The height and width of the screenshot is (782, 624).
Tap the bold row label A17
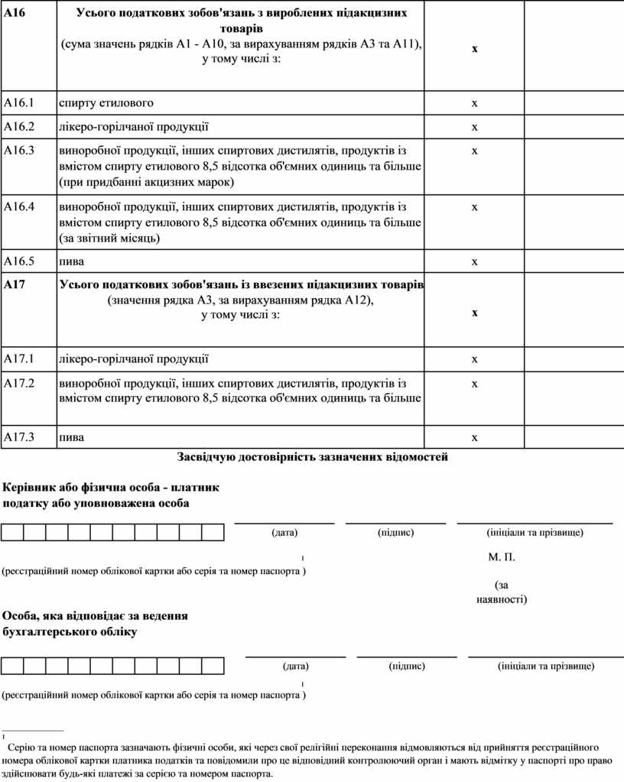pos(15,285)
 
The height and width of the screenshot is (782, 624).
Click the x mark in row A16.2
pos(474,127)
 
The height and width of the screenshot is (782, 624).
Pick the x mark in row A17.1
pos(474,359)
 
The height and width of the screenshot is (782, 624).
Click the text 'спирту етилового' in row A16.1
pos(106,102)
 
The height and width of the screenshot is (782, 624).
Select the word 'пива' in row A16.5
pos(71,261)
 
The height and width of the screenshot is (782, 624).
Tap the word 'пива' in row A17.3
pos(71,437)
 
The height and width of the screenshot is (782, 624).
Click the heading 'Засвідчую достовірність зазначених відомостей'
pos(312,457)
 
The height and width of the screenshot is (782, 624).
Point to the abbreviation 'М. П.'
pos(502,557)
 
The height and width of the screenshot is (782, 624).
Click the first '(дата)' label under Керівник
pos(284,532)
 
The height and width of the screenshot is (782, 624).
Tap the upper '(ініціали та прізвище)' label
pos(535,532)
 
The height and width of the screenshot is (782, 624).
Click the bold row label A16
pos(15,13)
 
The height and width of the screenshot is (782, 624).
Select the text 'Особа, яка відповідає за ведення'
pos(96,615)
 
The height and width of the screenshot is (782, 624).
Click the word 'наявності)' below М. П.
pos(502,599)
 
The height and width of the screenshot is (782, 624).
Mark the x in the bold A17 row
pos(474,313)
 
